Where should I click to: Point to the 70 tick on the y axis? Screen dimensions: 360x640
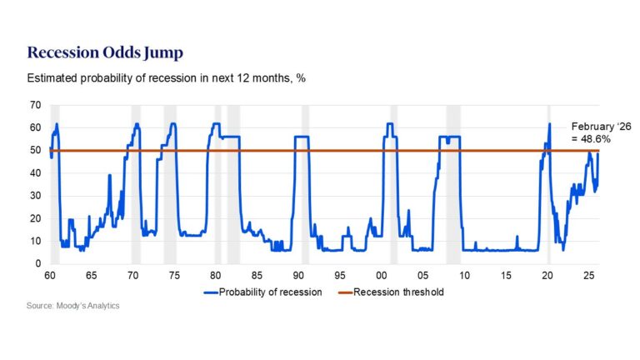click(35, 105)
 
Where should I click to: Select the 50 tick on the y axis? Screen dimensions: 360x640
click(35, 151)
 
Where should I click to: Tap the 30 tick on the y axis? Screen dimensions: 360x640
click(35, 196)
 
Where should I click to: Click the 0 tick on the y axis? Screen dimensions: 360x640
click(37, 264)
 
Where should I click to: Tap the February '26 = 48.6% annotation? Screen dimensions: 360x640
click(590, 132)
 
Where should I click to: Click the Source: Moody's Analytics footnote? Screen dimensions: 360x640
click(73, 306)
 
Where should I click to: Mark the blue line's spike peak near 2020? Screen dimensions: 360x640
click(550, 124)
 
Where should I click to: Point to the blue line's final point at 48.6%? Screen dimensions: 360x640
click(598, 154)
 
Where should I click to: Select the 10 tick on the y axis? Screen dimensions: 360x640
click(35, 242)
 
